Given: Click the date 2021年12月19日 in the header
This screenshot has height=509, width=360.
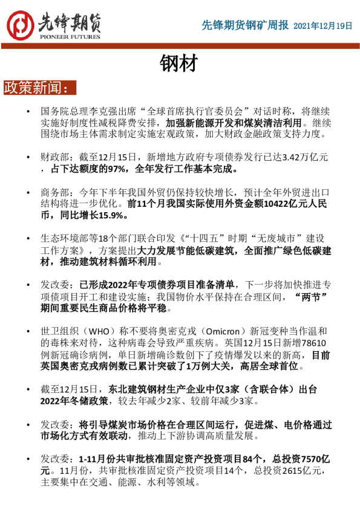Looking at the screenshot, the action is (323, 25).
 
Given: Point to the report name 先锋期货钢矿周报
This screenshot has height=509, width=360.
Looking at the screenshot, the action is (244, 25).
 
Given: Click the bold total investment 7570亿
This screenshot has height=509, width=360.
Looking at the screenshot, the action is (314, 459).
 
